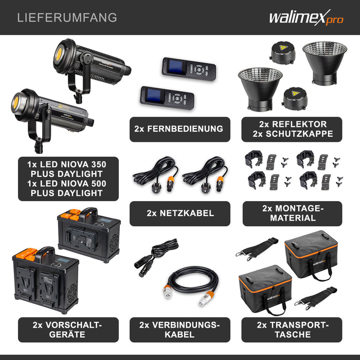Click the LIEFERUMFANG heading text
[x=67, y=17]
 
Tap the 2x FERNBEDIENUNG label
[x=179, y=129]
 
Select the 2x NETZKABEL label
[x=179, y=213]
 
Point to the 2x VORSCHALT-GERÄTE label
[x=67, y=330]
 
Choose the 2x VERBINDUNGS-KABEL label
[x=179, y=330]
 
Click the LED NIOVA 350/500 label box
[x=68, y=178]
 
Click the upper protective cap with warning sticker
[x=283, y=53]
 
